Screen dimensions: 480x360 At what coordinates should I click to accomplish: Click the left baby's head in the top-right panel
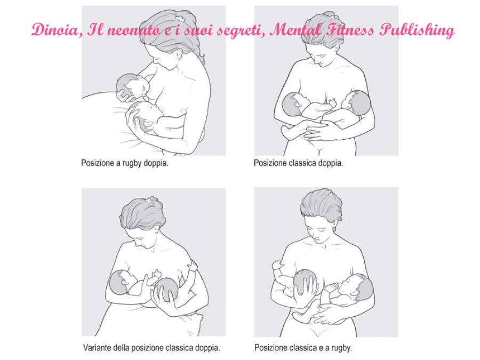[x=293, y=103]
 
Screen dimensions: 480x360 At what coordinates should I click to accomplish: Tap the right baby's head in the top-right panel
[x=358, y=102]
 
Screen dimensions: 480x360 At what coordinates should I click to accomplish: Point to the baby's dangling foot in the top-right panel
[x=287, y=131]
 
